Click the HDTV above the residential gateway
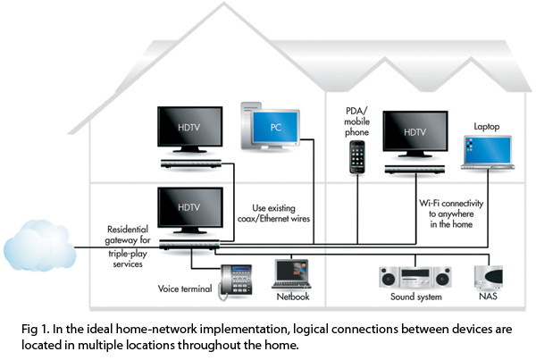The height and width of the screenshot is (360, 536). pos(188,211)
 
